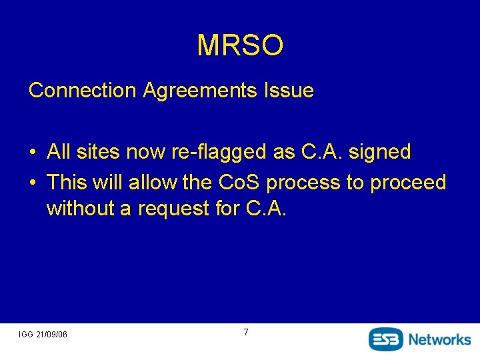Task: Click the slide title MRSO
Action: click(240, 45)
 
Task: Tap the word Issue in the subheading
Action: click(289, 91)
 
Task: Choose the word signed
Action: click(379, 153)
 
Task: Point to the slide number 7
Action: click(246, 332)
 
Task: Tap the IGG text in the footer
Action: click(26, 334)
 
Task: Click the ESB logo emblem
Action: click(386, 339)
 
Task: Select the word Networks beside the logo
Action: click(439, 339)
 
